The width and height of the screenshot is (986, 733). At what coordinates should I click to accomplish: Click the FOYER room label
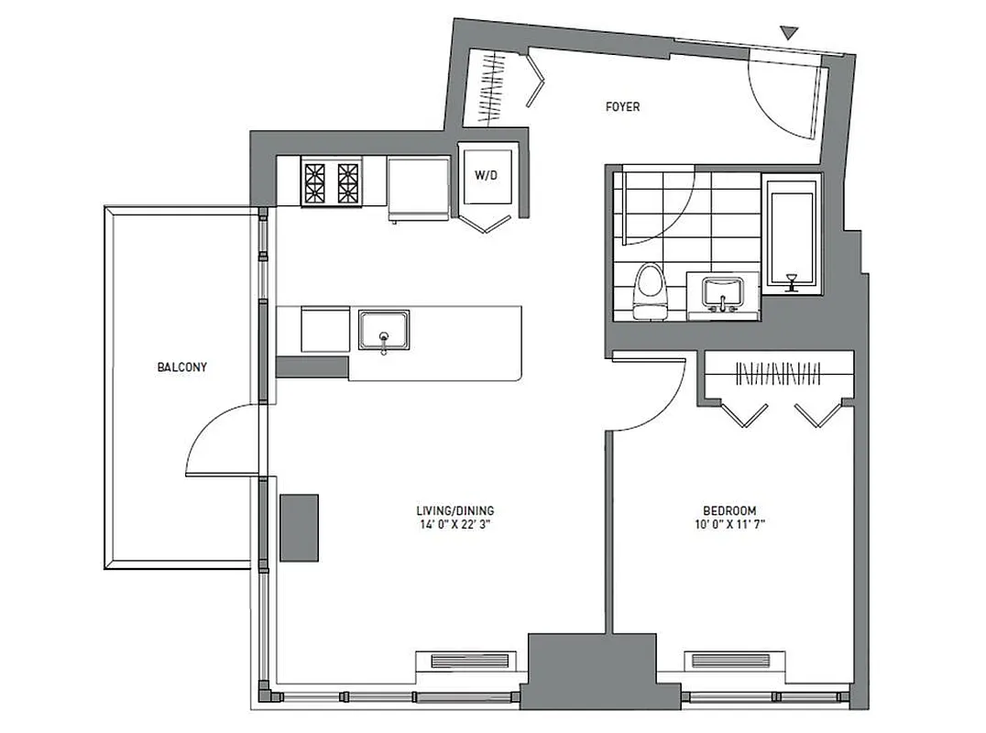[622, 107]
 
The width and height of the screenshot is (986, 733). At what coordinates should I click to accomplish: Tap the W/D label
[485, 175]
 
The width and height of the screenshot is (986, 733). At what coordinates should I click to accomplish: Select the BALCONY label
[181, 367]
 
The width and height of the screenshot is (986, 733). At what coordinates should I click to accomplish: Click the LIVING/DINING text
[455, 511]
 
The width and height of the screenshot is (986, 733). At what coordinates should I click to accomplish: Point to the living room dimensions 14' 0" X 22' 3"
[455, 526]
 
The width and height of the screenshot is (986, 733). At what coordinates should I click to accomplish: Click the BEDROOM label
[729, 511]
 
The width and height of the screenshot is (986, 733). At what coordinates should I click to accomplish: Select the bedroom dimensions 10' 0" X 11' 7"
[729, 526]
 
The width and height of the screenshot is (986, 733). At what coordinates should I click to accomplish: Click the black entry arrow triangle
[789, 35]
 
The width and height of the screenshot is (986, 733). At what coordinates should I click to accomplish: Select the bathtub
[791, 234]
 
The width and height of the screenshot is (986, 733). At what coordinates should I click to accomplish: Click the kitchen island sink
[384, 332]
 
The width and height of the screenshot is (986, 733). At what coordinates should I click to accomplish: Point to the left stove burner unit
[316, 182]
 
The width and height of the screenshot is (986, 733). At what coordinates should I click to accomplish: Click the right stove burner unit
[348, 182]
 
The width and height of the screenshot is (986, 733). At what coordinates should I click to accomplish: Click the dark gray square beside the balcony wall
[299, 528]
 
